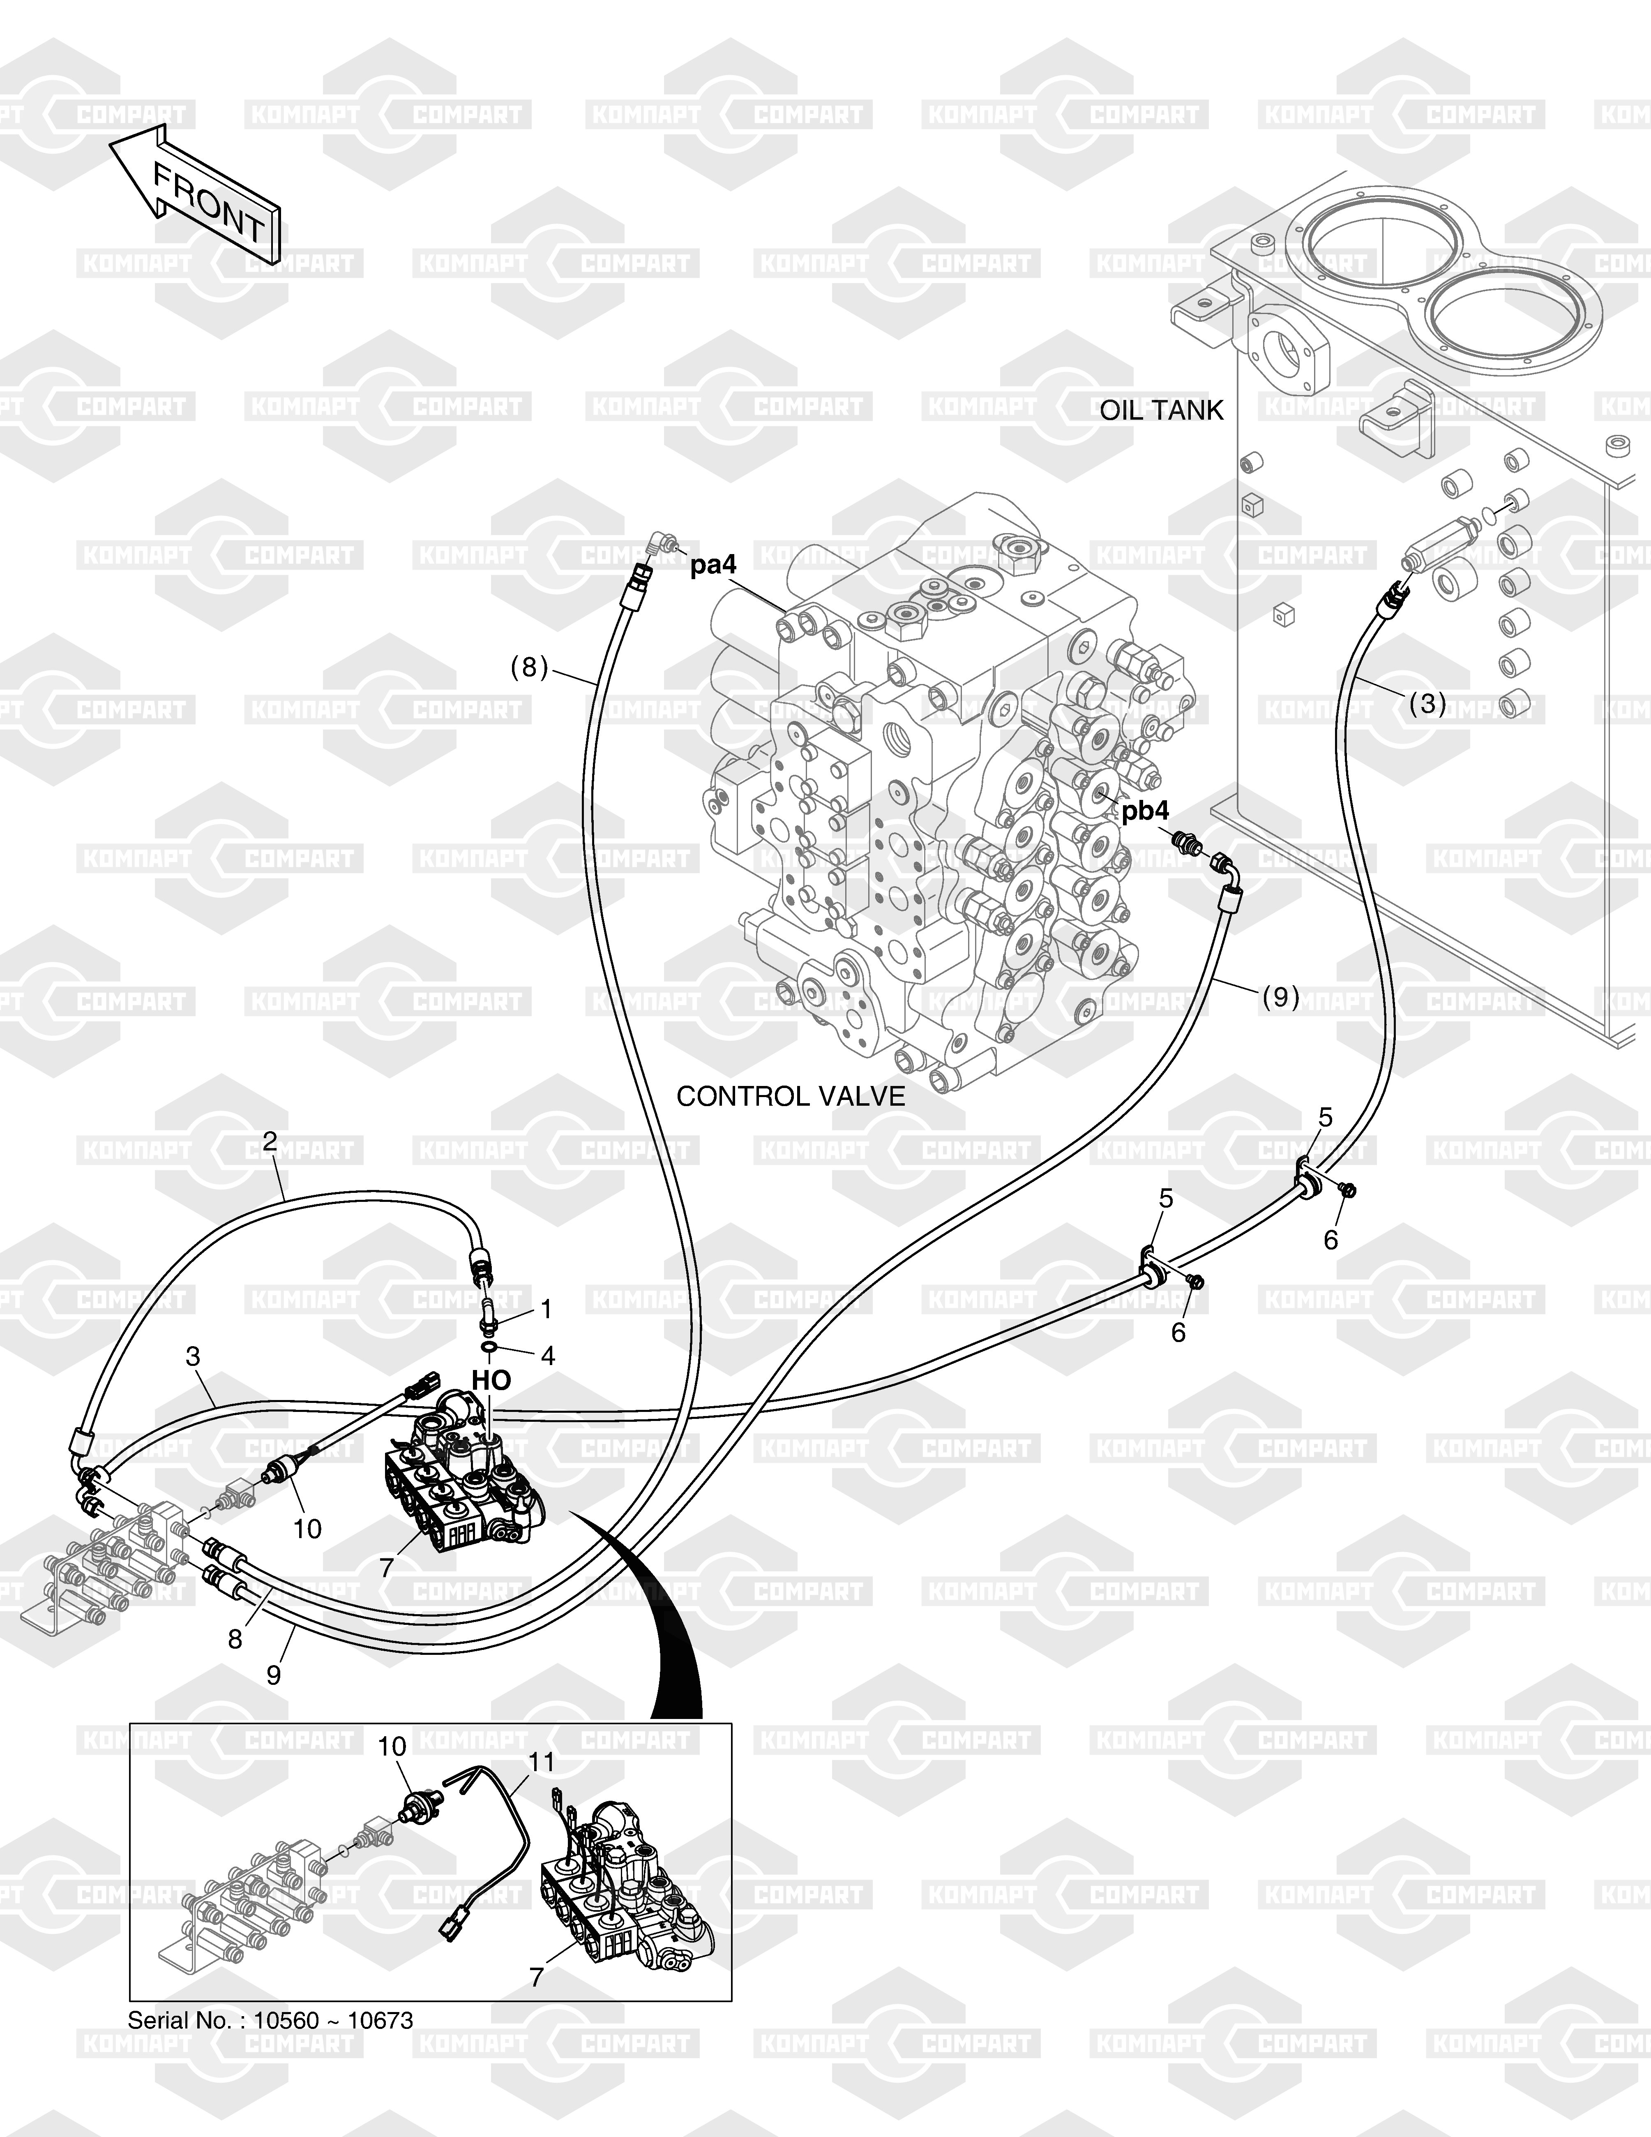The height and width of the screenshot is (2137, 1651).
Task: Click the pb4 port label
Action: tap(1144, 811)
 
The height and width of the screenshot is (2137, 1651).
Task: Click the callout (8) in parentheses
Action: tap(529, 667)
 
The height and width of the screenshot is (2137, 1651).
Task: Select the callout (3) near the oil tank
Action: tap(1427, 704)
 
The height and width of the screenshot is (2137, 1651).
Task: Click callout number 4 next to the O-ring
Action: tap(548, 1355)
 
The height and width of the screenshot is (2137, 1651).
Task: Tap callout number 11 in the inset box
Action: tap(542, 1762)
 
